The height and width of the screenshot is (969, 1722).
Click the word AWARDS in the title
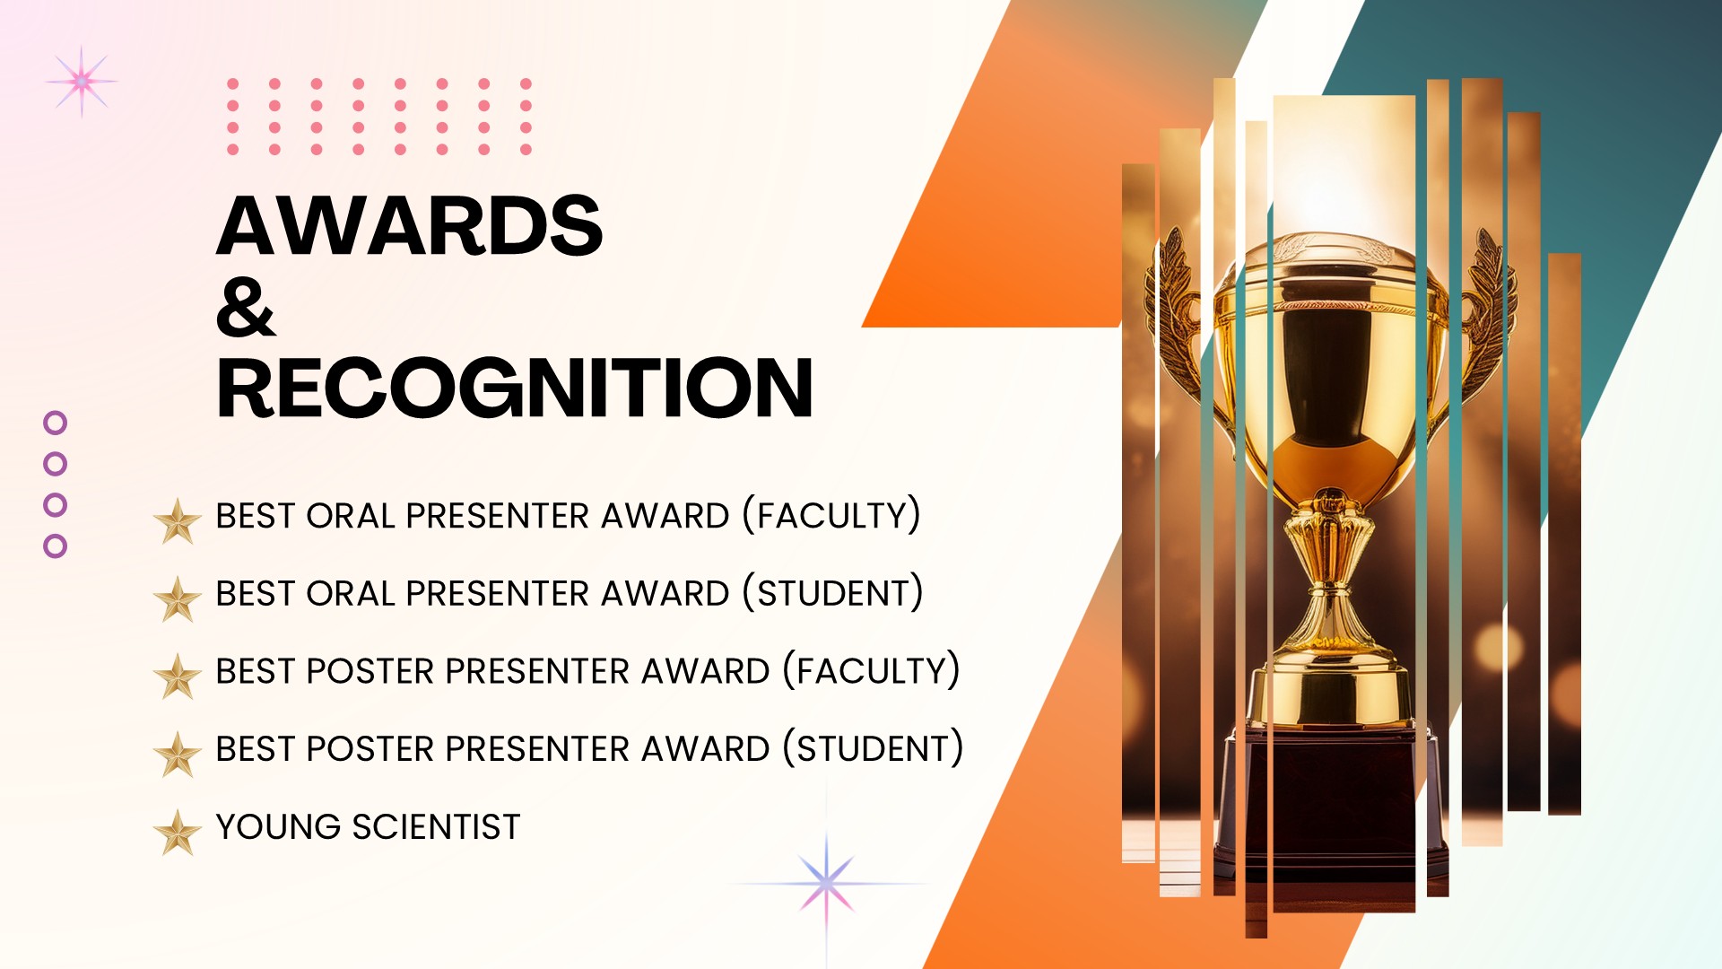point(410,225)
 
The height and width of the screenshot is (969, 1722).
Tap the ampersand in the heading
point(246,307)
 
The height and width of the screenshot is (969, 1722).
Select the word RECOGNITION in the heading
point(515,388)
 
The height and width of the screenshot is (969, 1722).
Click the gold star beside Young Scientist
point(178,832)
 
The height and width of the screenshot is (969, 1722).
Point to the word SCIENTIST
point(436,826)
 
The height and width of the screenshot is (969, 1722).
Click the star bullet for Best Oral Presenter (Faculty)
point(178,521)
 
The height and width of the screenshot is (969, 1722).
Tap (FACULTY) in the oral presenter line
point(831,516)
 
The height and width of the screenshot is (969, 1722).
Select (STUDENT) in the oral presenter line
point(833,593)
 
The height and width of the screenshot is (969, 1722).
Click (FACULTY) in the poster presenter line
point(872,671)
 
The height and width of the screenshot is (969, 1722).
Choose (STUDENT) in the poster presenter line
point(874,748)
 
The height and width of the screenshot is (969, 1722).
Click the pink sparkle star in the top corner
point(82,82)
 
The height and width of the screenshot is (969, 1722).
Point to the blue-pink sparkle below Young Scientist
point(826,884)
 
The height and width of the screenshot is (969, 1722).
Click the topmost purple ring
point(56,423)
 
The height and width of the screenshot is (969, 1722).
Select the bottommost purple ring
point(56,546)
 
